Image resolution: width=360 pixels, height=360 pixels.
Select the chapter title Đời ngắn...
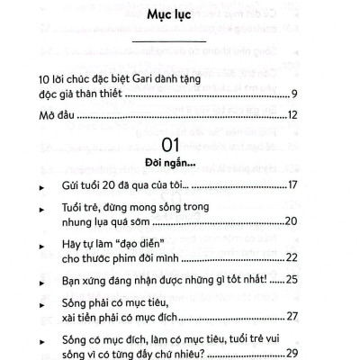click(x=180, y=164)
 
